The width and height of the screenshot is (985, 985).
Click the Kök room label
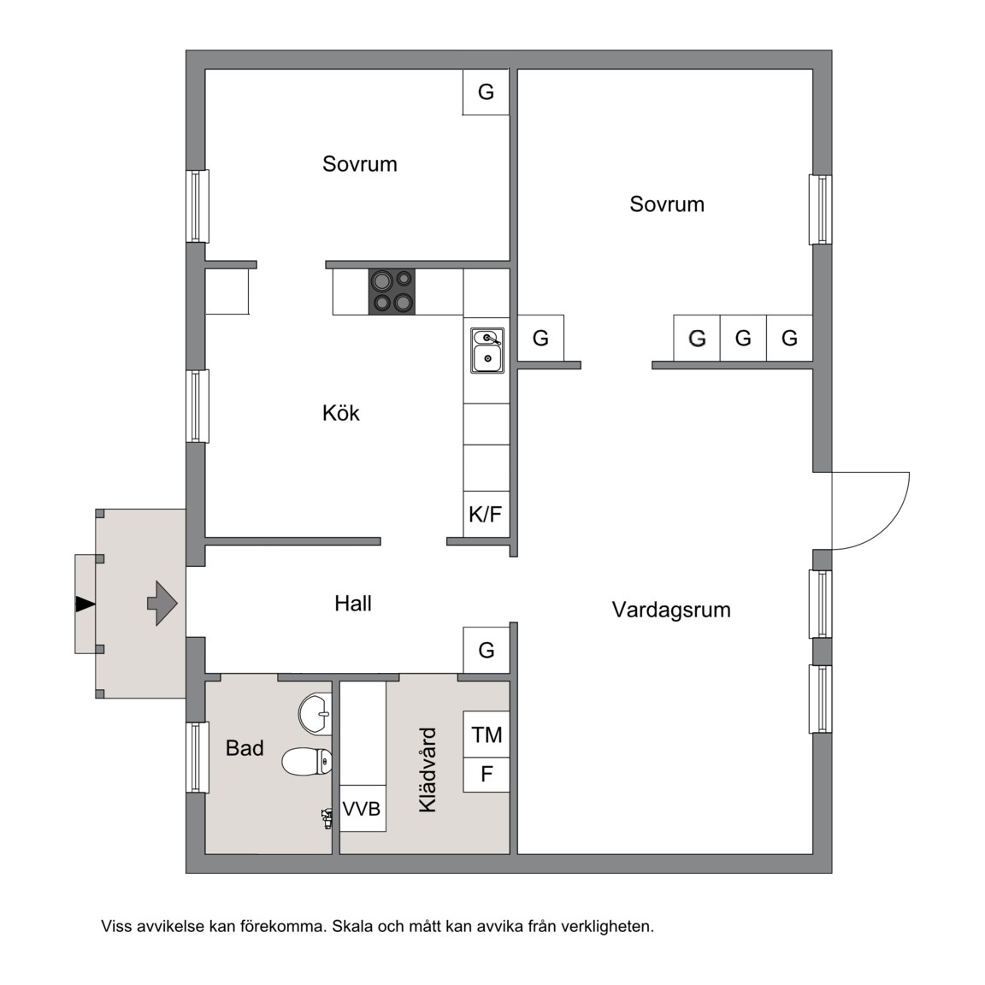point(341,413)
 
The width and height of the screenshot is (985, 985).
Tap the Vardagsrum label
point(671,610)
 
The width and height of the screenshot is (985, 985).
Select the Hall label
point(353,604)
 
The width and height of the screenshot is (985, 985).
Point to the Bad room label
point(245,748)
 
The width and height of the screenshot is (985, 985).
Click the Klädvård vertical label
point(428,770)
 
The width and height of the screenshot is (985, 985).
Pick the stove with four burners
point(392,292)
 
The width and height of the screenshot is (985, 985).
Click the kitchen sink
point(487,351)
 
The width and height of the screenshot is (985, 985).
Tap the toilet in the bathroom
point(307,762)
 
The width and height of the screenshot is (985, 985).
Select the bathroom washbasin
point(316,714)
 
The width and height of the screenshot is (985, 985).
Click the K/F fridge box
point(487,515)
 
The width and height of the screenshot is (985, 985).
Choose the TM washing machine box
point(487,734)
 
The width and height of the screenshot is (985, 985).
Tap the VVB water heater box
point(363,809)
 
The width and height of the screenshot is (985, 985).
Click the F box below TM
point(487,775)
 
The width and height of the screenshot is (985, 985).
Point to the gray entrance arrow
point(162,603)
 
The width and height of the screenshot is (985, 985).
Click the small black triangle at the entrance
point(85,605)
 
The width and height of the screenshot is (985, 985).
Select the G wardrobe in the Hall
point(487,650)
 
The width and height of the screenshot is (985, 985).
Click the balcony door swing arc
point(887,527)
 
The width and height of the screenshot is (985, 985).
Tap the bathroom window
point(197,757)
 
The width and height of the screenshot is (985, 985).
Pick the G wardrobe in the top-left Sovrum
point(486,92)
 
